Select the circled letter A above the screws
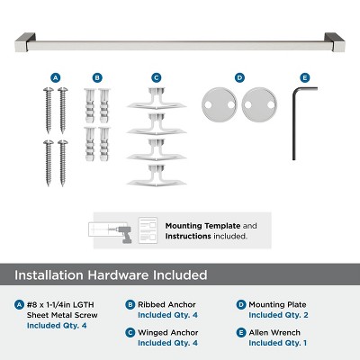pyautogui.click(x=56, y=77)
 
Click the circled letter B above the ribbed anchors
pyautogui.click(x=96, y=77)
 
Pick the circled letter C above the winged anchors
pyautogui.click(x=156, y=77)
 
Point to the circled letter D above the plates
pyautogui.click(x=238, y=77)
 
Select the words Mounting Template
pyautogui.click(x=195, y=226)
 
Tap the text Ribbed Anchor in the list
pyautogui.click(x=166, y=305)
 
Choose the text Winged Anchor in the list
pyautogui.click(x=166, y=333)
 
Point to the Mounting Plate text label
pyautogui.click(x=276, y=305)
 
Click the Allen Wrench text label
pyautogui.click(x=274, y=333)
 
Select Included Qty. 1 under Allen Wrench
pyautogui.click(x=277, y=343)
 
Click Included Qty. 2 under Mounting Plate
pyautogui.click(x=277, y=315)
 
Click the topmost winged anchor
pyautogui.click(x=156, y=99)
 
